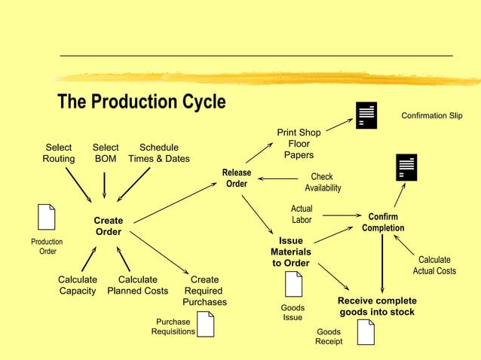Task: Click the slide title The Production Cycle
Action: [142, 102]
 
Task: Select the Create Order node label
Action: [108, 226]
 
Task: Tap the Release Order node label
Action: [236, 178]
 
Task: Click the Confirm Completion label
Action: [382, 222]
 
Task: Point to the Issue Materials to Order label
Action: [291, 252]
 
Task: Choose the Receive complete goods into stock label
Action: [377, 306]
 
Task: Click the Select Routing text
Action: [59, 153]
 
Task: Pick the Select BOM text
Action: [105, 153]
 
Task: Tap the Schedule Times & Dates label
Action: [159, 153]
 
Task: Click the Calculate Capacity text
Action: [78, 285]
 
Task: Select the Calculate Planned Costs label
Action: [137, 285]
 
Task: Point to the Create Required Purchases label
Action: [204, 291]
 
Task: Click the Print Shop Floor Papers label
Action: [299, 144]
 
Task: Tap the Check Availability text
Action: [323, 182]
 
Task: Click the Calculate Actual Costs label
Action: [434, 265]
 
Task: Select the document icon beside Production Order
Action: [47, 217]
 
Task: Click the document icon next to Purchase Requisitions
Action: [205, 324]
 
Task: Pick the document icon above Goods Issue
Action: [293, 284]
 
